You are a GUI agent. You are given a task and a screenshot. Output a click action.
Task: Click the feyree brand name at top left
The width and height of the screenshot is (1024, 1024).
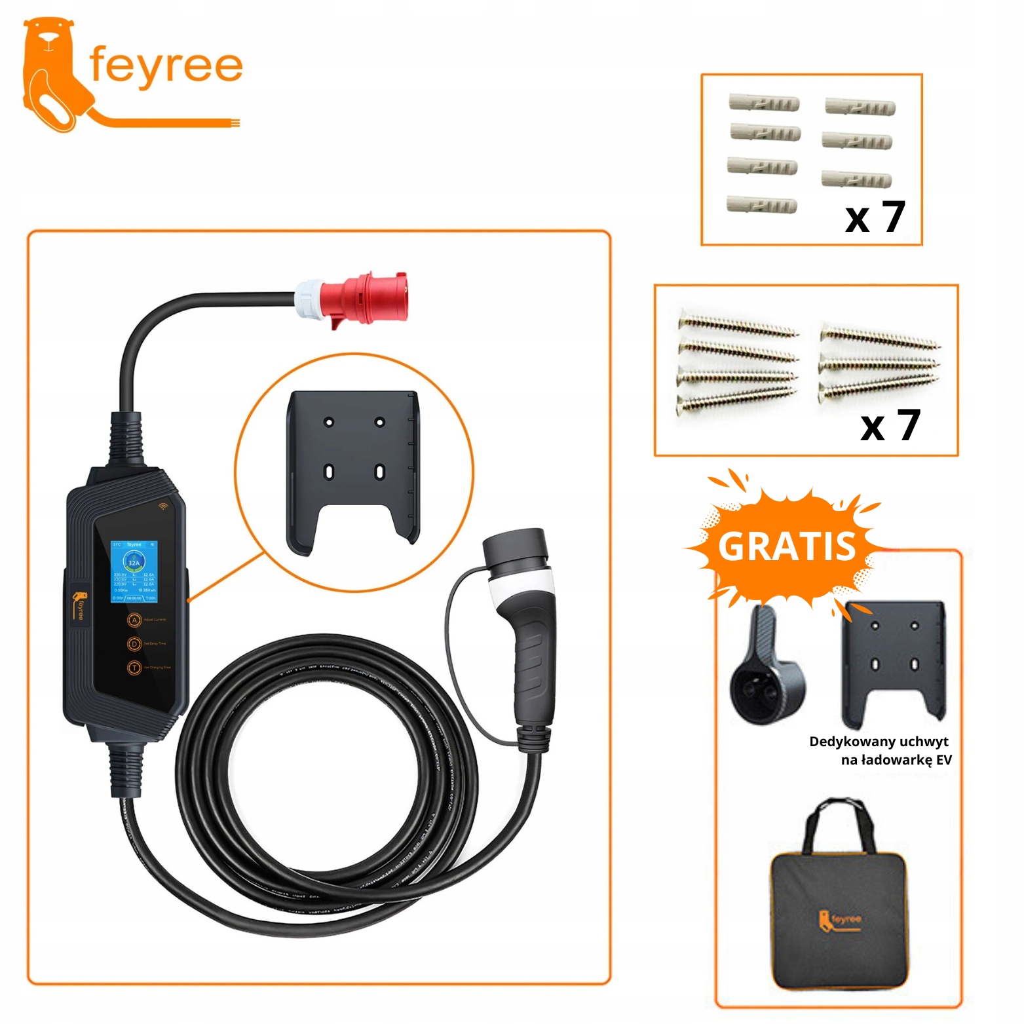click(165, 66)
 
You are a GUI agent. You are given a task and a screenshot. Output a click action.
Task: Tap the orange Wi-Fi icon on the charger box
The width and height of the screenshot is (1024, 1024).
click(162, 506)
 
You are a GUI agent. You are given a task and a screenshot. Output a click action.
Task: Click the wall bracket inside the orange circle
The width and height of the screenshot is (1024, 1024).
click(352, 468)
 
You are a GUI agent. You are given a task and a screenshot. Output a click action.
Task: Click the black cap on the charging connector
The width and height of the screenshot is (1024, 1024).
click(514, 547)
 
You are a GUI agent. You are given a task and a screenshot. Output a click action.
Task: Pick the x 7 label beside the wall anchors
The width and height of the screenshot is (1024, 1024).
click(875, 218)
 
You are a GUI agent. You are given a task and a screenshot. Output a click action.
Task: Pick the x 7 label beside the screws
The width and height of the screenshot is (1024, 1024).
click(890, 427)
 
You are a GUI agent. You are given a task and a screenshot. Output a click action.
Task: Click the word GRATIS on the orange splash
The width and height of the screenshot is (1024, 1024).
click(787, 546)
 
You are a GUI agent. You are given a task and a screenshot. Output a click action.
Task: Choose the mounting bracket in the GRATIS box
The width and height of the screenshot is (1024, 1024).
click(894, 662)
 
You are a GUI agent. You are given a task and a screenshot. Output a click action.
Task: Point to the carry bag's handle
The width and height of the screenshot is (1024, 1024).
click(839, 819)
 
